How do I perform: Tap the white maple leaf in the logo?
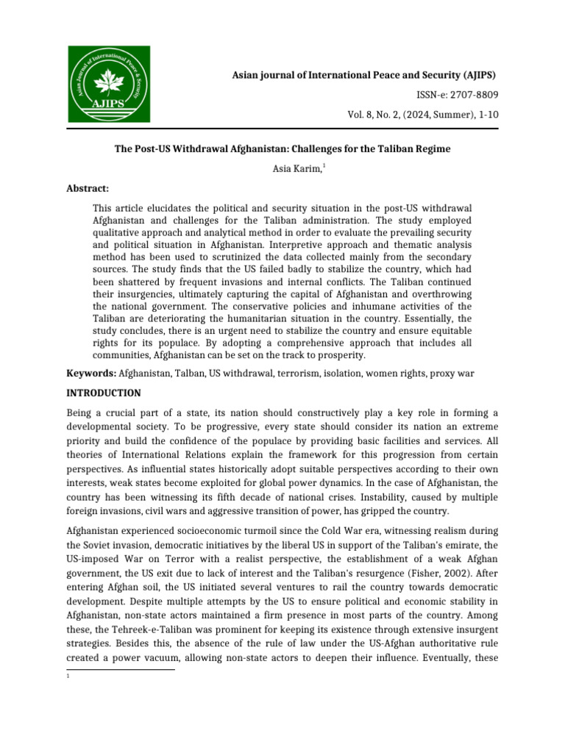tap(108, 78)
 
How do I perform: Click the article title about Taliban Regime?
tap(282, 149)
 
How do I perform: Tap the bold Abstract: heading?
tap(88, 188)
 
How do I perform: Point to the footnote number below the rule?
tap(68, 677)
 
